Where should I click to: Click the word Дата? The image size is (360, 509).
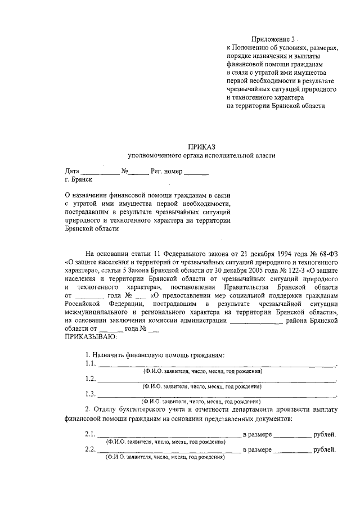[72, 170]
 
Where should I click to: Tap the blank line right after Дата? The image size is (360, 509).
[100, 172]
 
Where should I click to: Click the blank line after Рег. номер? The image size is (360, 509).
[196, 172]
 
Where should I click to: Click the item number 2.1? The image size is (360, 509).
[91, 434]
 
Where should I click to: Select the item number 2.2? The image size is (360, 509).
[91, 449]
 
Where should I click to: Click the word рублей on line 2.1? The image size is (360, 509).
[325, 434]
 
